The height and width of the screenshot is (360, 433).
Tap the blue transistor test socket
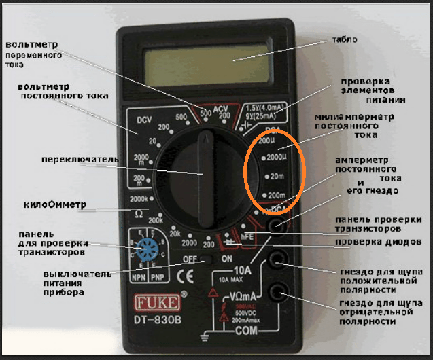click(x=145, y=250)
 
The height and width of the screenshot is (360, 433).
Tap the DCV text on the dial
click(x=144, y=121)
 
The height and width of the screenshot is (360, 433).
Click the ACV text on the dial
click(x=222, y=109)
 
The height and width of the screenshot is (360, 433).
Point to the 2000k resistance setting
click(x=140, y=198)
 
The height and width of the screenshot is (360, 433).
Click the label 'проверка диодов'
click(x=374, y=242)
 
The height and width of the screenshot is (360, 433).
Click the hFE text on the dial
click(x=247, y=236)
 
